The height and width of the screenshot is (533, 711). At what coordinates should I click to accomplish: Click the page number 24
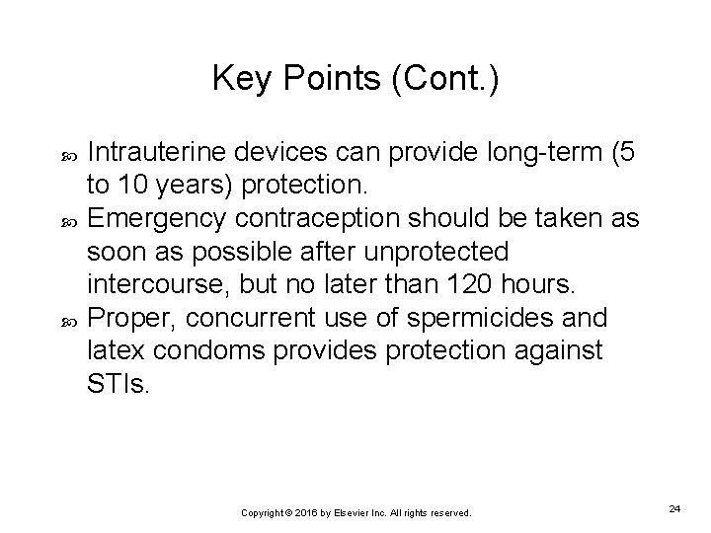(674, 507)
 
